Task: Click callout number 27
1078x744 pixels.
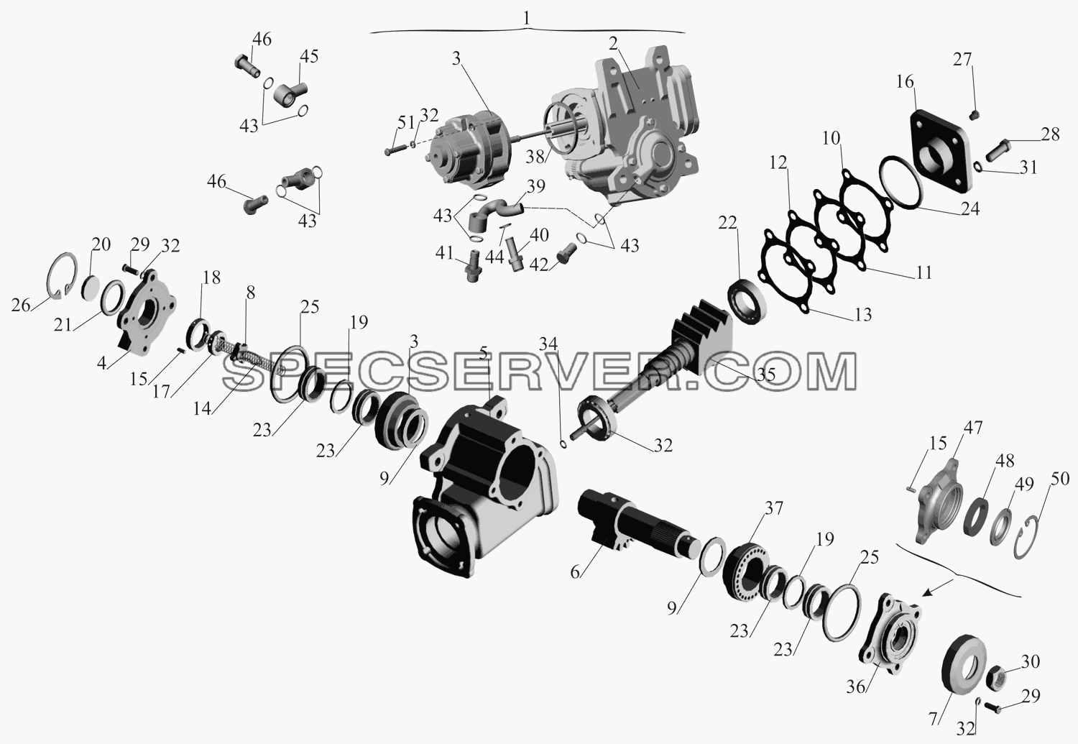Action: pos(963,60)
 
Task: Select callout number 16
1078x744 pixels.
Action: pos(905,82)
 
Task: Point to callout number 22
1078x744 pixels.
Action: pos(727,224)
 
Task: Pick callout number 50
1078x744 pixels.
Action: pos(1059,479)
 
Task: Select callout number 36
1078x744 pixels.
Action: pos(856,686)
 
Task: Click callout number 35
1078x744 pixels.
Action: pos(765,375)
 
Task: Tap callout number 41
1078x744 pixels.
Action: pos(445,252)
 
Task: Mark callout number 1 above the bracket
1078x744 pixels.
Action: pos(527,19)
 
